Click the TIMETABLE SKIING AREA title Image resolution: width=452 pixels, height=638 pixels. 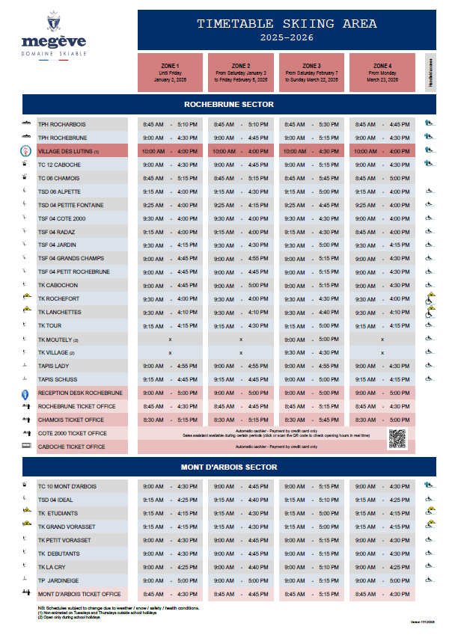click(287, 24)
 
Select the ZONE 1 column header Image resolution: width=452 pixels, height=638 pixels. click(169, 73)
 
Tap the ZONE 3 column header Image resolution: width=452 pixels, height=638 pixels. click(311, 73)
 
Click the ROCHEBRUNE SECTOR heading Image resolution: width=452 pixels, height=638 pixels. click(229, 104)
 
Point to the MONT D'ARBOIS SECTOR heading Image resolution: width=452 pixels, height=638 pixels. click(229, 467)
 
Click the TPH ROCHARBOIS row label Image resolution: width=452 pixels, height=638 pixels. click(61, 124)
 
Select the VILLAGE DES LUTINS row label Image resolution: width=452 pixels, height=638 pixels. click(68, 151)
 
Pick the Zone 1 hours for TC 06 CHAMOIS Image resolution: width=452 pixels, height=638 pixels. click(169, 178)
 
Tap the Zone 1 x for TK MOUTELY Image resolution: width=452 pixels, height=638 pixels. click(170, 339)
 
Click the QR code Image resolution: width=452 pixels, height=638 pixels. click(397, 438)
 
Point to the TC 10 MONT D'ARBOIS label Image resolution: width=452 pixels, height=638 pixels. click(67, 486)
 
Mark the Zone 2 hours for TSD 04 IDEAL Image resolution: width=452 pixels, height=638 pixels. click(240, 500)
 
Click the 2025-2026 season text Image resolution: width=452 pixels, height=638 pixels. click(287, 37)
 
